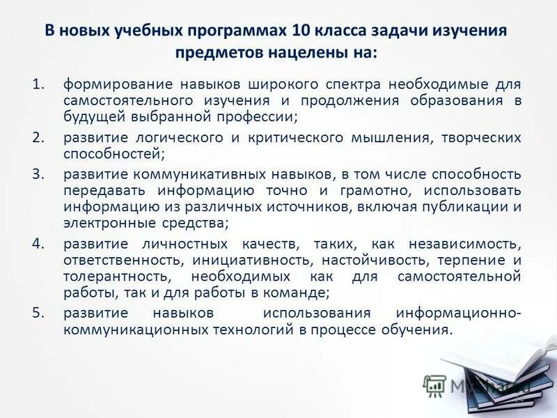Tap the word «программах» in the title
[x=240, y=31]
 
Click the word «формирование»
[x=109, y=84]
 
